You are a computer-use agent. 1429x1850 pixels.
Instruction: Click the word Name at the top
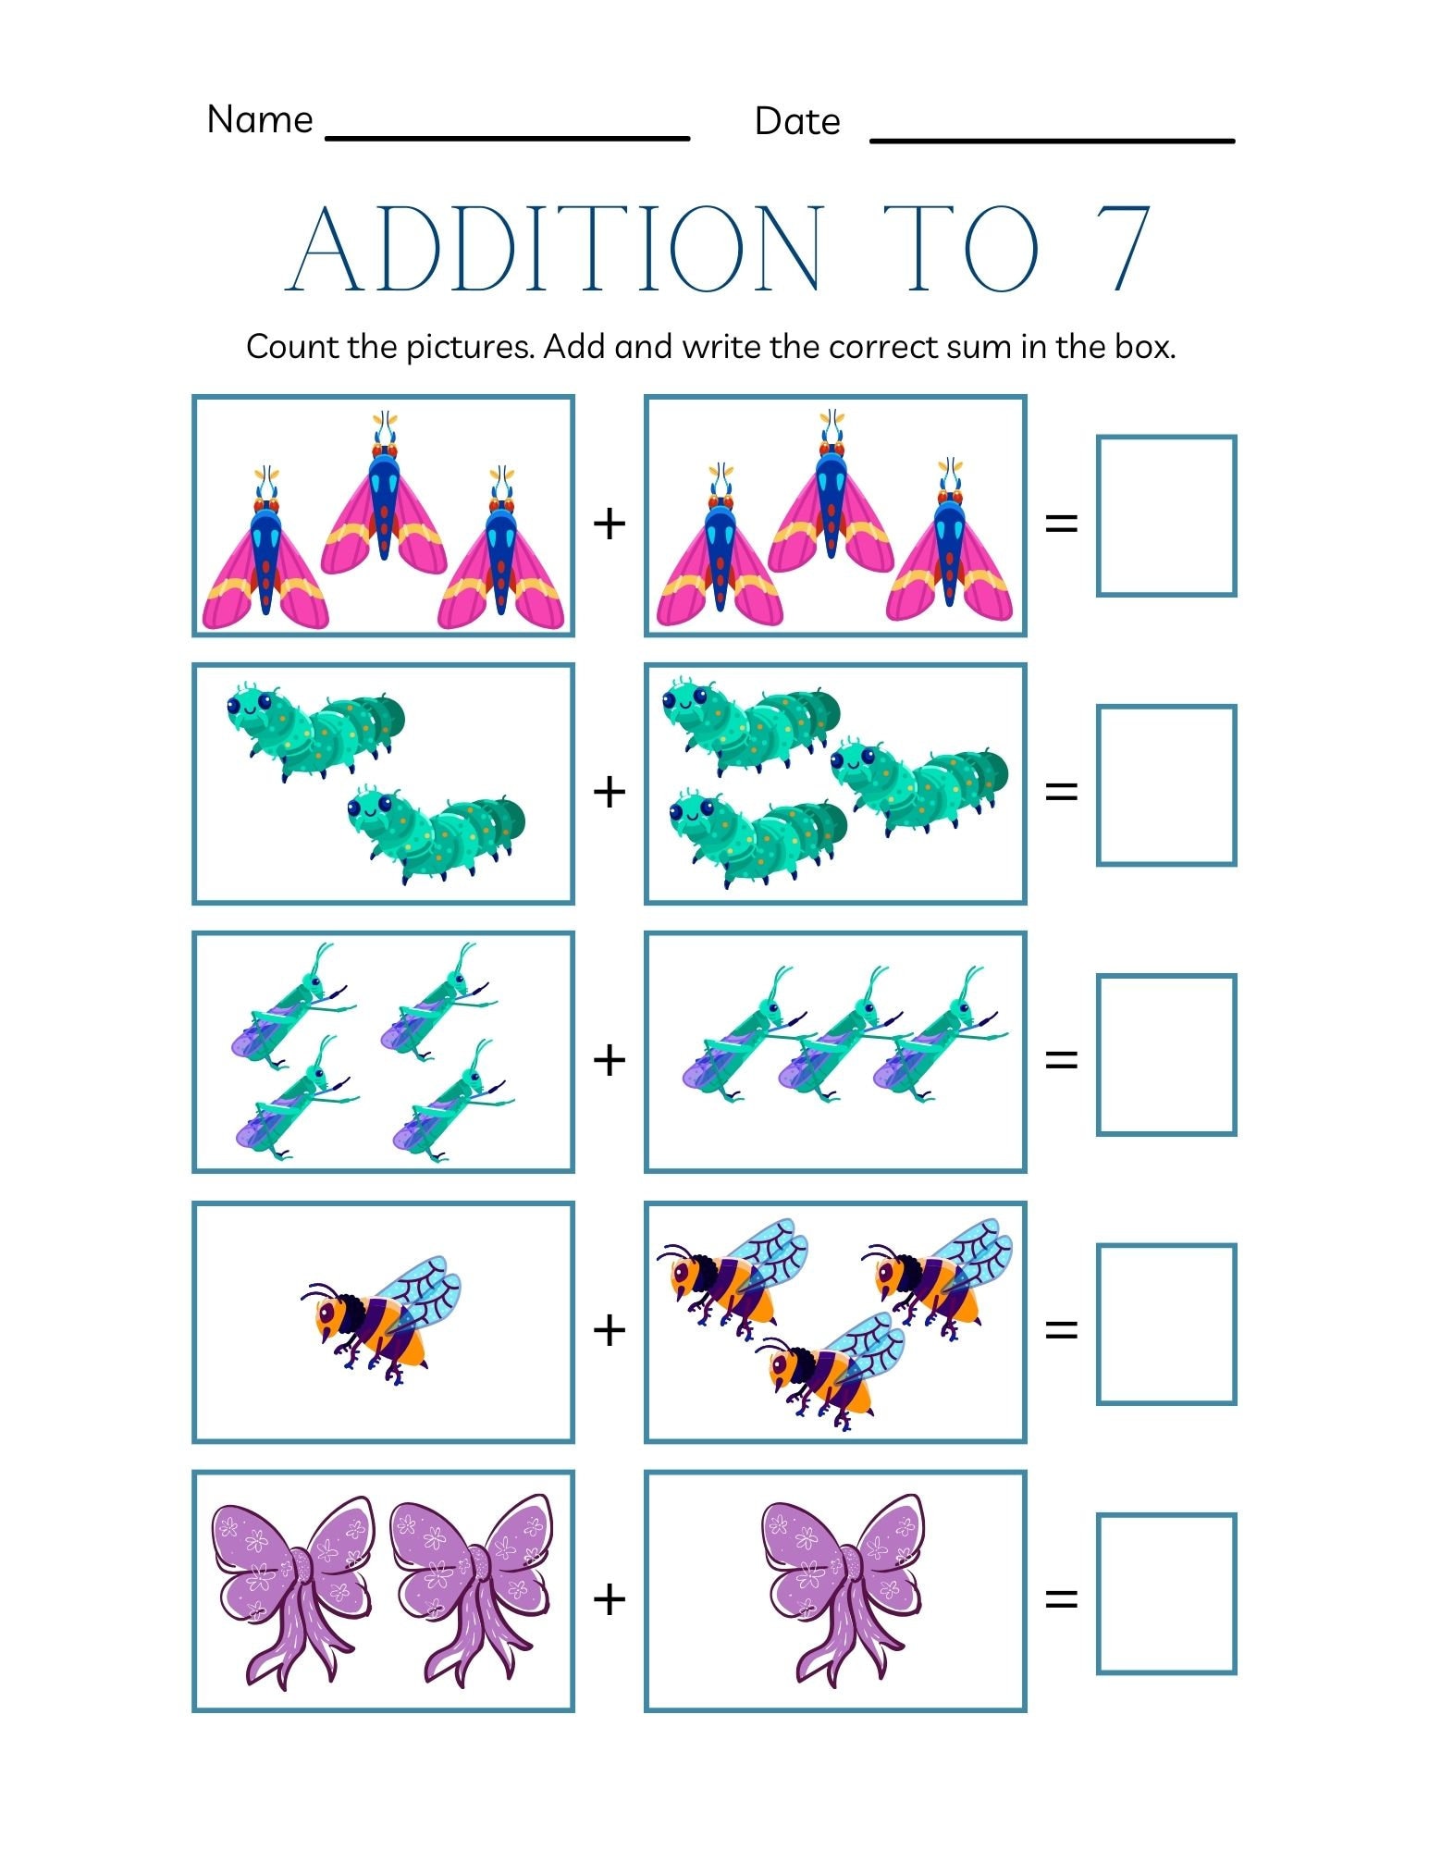tap(260, 119)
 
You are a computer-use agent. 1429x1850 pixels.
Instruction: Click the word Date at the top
tap(796, 121)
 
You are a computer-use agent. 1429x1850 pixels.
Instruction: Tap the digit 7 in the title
tap(1121, 248)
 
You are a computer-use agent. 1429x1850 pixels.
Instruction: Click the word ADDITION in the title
tap(555, 248)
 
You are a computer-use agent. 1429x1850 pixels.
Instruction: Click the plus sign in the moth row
tap(610, 524)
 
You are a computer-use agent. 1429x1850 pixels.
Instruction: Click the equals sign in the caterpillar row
tap(1061, 791)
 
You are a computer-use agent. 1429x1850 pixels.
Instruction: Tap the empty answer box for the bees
tap(1165, 1324)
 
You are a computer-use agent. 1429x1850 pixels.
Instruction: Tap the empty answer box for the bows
tap(1165, 1593)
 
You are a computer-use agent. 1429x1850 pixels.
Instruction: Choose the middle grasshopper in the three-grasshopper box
tap(837, 1041)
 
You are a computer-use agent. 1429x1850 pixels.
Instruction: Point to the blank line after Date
tap(1052, 140)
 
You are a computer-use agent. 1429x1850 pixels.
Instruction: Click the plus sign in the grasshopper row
tap(610, 1059)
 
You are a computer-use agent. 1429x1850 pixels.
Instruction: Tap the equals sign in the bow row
tap(1061, 1597)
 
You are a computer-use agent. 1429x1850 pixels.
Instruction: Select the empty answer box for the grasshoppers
tap(1165, 1054)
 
